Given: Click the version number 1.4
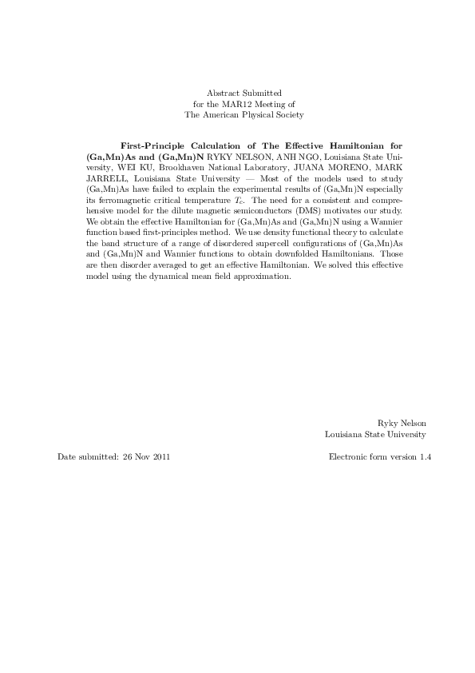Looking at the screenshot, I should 425,457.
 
